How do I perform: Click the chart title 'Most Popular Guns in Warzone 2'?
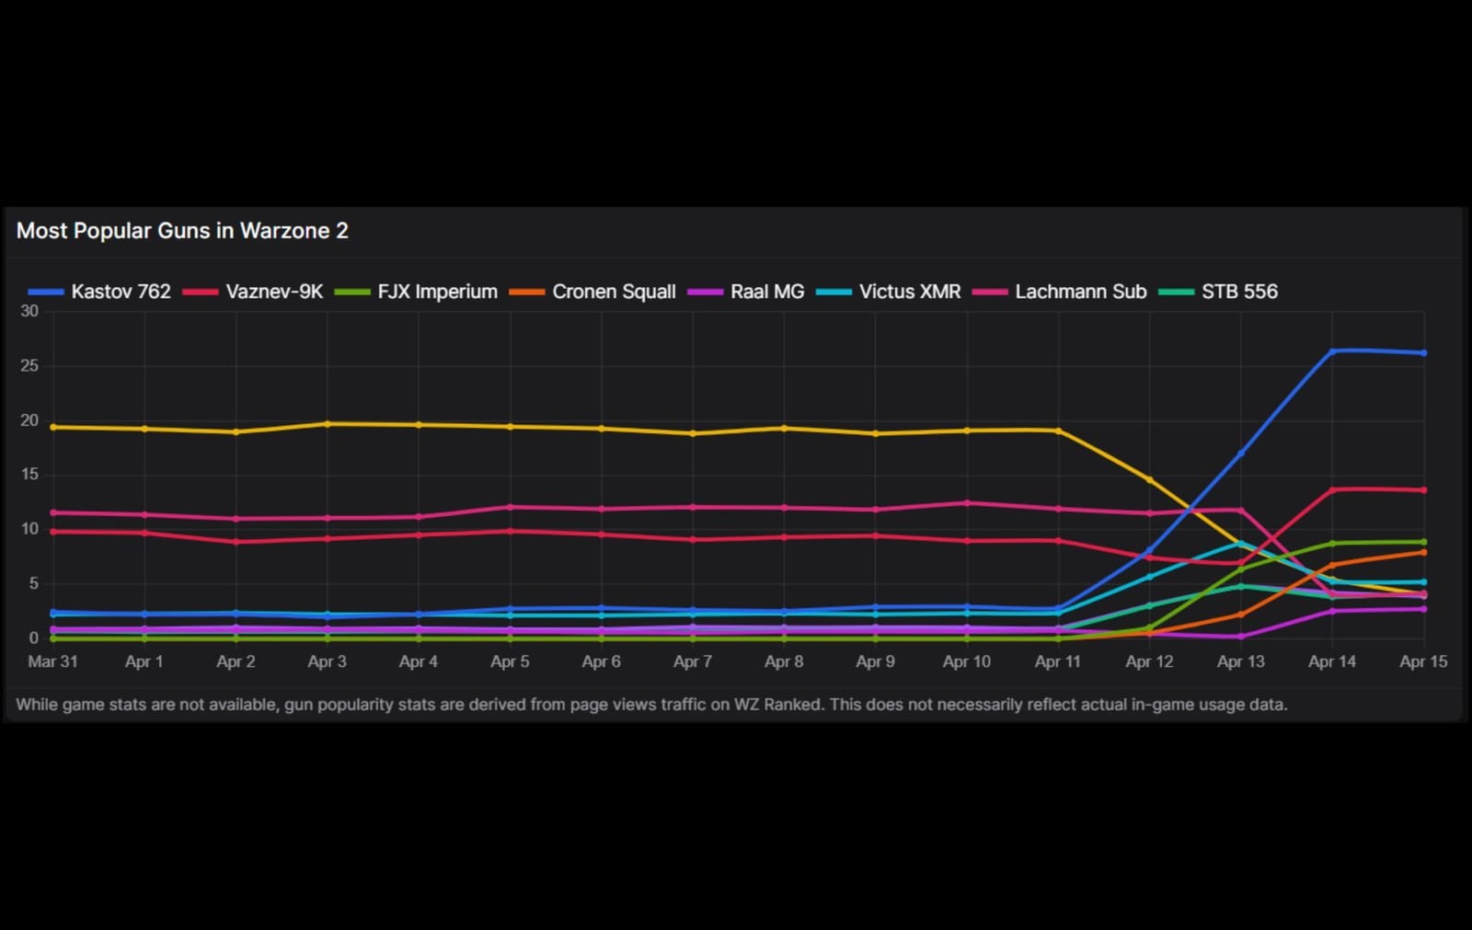[182, 231]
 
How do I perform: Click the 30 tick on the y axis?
[29, 312]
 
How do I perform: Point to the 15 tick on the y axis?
[29, 475]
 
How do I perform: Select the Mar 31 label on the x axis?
[52, 661]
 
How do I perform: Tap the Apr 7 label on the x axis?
[693, 661]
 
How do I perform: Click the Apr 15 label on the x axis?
[1423, 661]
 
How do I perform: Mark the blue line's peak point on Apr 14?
[1332, 350]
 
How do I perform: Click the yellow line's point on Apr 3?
[328, 424]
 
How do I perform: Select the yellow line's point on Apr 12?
[1149, 479]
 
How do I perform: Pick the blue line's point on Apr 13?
[1241, 454]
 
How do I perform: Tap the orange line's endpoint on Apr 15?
[1424, 552]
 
